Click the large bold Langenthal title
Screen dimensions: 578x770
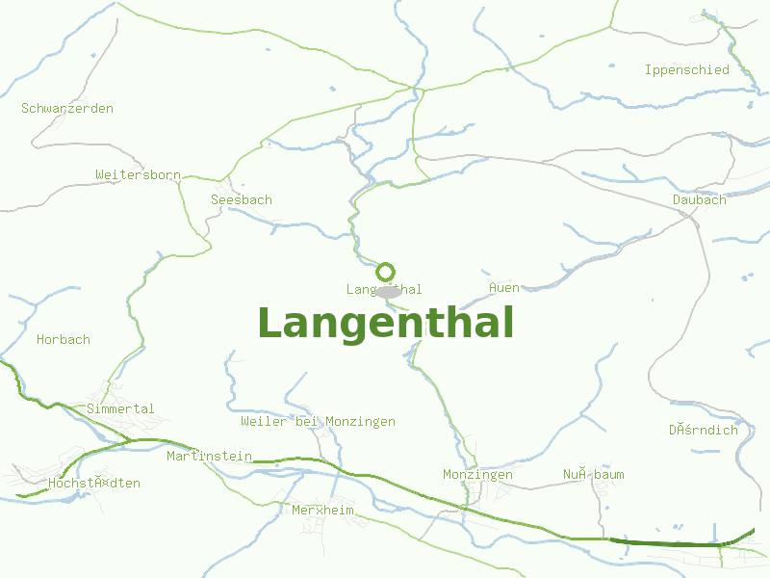tap(385, 323)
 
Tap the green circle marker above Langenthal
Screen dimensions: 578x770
tap(385, 272)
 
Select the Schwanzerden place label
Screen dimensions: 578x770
tap(67, 108)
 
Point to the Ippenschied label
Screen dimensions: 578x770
tap(687, 69)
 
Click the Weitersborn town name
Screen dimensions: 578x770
tap(138, 174)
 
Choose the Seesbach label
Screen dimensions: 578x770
tap(242, 199)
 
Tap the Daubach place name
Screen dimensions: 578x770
tap(700, 199)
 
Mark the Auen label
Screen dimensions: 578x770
tap(504, 287)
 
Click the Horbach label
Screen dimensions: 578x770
tap(64, 339)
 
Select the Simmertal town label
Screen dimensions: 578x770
tap(120, 408)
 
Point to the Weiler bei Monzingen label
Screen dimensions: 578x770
tap(318, 421)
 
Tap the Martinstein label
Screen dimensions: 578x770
tap(209, 456)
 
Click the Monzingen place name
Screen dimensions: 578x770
tap(477, 474)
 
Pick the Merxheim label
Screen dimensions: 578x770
tap(322, 510)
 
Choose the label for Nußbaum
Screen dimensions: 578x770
tap(594, 474)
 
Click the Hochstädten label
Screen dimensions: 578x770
tap(94, 483)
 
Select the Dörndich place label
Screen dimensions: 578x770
tap(704, 430)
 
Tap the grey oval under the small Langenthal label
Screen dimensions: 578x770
tap(389, 292)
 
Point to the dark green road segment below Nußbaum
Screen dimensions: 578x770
tap(664, 543)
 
